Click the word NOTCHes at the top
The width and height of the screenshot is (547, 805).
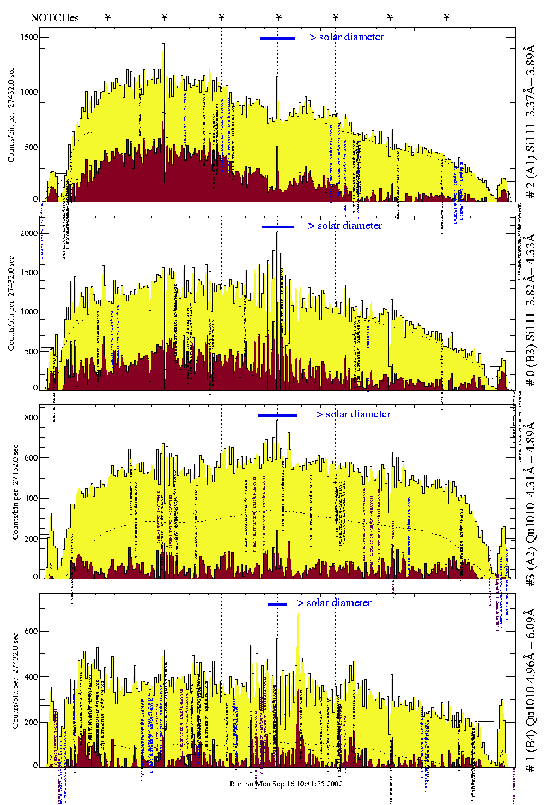54,17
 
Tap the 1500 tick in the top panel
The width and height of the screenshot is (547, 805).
30,37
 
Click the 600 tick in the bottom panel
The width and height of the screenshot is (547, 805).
31,631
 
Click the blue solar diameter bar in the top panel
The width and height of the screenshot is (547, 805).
277,38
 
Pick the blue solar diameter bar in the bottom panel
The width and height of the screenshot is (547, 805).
277,604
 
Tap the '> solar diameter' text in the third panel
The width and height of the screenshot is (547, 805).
353,414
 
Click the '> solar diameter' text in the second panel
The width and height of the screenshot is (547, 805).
345,226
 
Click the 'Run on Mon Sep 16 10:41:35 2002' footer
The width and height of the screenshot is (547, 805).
286,784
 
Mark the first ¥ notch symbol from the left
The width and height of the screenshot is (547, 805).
107,17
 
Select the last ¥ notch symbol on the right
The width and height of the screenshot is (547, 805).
447,17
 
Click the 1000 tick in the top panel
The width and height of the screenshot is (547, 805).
30,92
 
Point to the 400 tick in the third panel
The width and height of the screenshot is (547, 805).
31,498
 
